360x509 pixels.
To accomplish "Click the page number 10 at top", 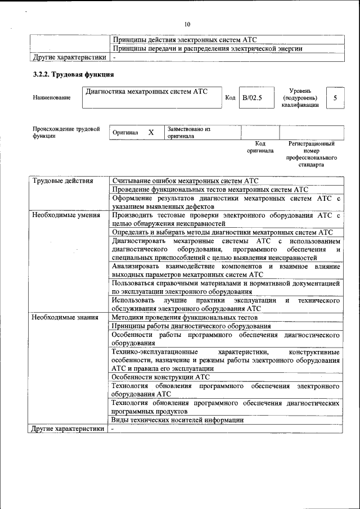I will (187, 24).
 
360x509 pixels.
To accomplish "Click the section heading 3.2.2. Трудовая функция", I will (74, 74).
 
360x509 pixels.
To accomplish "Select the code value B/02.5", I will (252, 98).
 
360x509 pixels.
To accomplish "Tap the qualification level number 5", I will (335, 98).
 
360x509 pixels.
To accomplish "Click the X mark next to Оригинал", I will (151, 132).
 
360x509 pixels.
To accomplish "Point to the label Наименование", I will (52, 98).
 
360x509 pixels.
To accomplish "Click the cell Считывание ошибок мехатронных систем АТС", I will (185, 181).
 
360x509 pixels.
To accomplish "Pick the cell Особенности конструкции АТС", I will (160, 377).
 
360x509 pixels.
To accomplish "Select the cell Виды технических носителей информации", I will (177, 420).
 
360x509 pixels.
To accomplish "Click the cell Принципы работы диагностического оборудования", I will (191, 326).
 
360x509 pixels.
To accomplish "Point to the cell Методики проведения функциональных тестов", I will (184, 317).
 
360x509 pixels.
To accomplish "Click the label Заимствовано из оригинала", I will (188, 132).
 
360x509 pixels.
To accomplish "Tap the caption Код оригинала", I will (260, 147).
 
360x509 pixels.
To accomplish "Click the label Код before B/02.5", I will (230, 98).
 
